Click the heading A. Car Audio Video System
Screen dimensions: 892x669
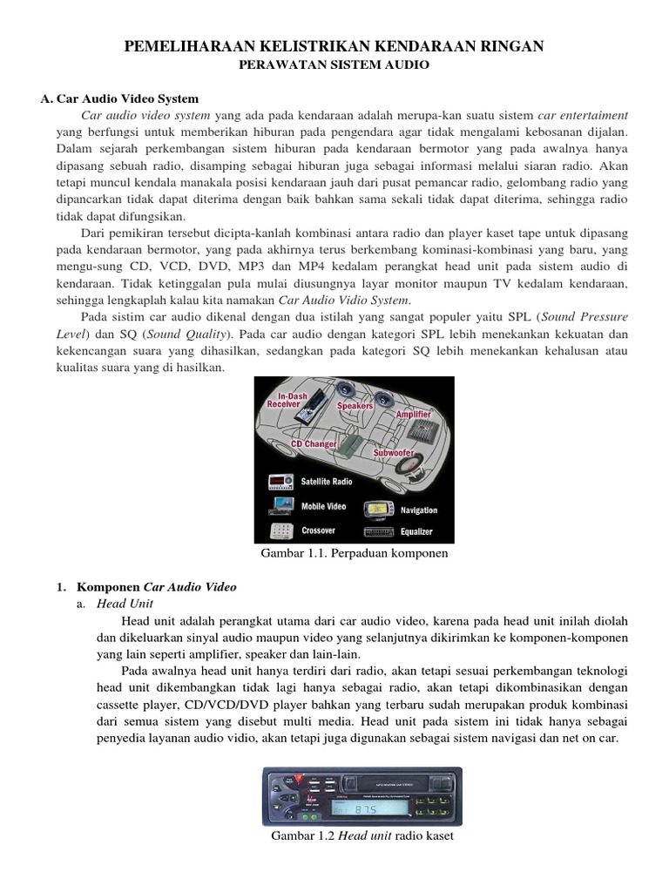pyautogui.click(x=119, y=98)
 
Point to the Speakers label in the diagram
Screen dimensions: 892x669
pyautogui.click(x=355, y=406)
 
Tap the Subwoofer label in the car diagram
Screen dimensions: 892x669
pyautogui.click(x=393, y=454)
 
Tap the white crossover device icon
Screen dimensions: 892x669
pyautogui.click(x=280, y=530)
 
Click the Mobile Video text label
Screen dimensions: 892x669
pyautogui.click(x=323, y=506)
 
